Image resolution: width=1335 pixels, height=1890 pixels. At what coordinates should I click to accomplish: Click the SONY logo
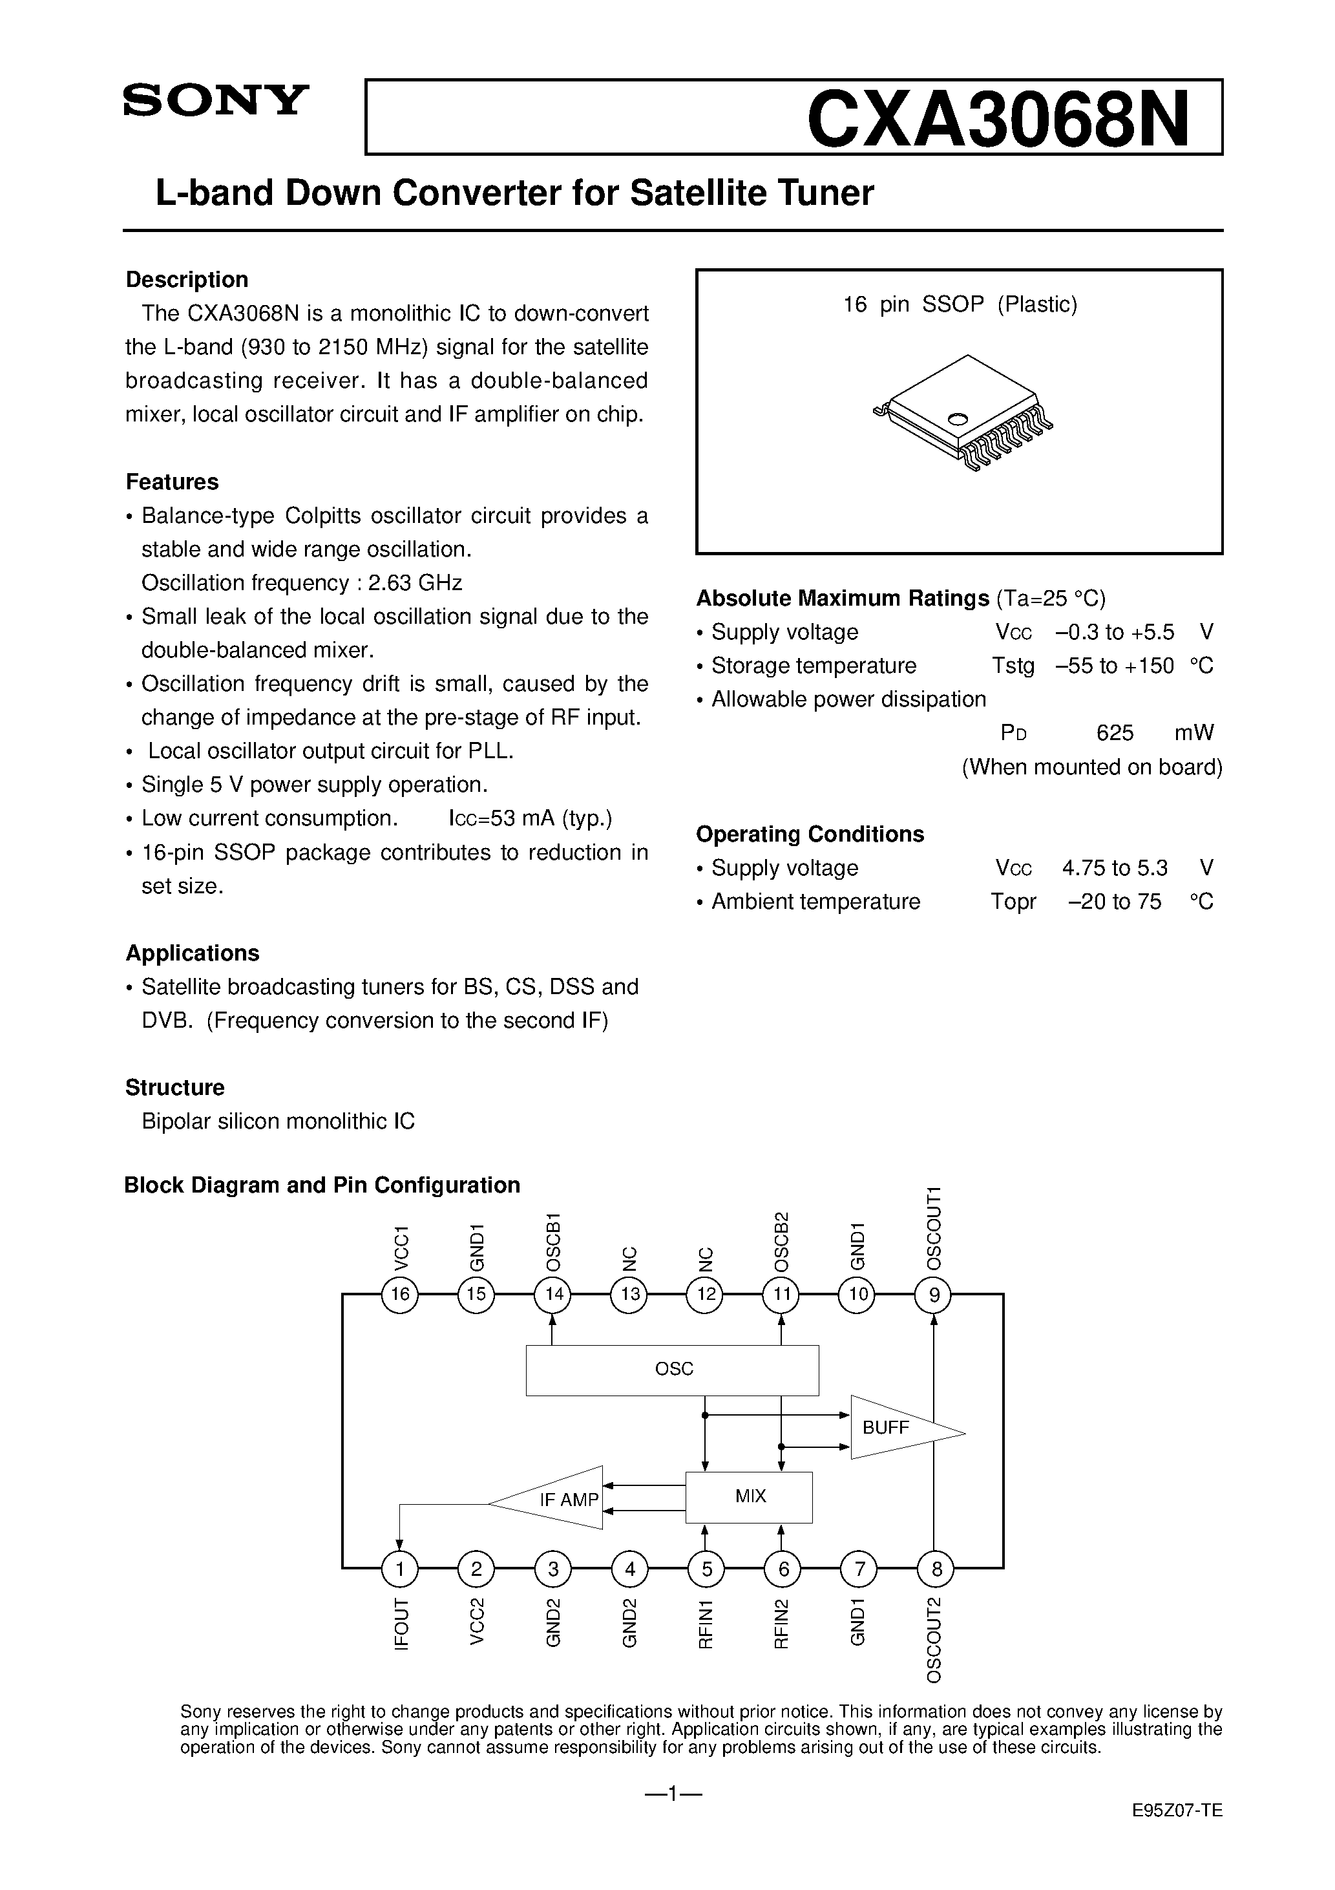point(216,100)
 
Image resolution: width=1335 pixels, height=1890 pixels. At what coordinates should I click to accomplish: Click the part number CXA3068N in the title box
point(998,118)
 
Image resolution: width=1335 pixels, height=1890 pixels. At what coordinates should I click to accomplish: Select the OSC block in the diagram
point(673,1370)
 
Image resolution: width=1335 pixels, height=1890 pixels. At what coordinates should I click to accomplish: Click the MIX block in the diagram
point(749,1496)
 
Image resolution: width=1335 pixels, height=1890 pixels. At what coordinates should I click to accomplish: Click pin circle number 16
point(400,1295)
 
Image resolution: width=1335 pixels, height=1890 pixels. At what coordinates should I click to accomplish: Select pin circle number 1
point(400,1569)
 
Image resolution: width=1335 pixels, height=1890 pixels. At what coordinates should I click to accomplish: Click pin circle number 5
point(706,1569)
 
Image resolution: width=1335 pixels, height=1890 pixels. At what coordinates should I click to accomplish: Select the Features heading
point(172,482)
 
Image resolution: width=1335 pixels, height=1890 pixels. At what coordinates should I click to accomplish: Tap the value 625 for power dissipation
point(1115,732)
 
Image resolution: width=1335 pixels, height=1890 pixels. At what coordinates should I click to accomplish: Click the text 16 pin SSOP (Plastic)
point(960,304)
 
